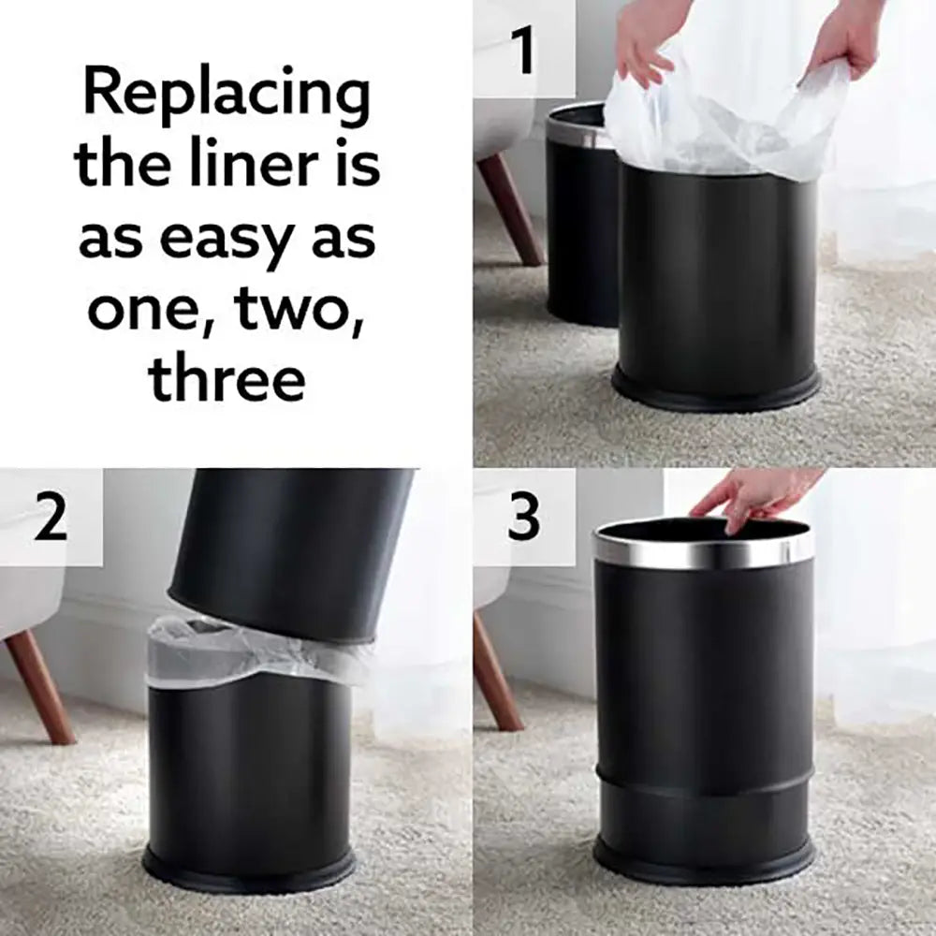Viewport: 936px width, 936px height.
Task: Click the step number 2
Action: (x=51, y=518)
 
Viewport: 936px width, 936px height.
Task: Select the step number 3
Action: (x=524, y=518)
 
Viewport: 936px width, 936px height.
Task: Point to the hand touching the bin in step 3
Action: (x=749, y=496)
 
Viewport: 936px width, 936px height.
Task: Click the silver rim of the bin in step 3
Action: (x=704, y=552)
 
